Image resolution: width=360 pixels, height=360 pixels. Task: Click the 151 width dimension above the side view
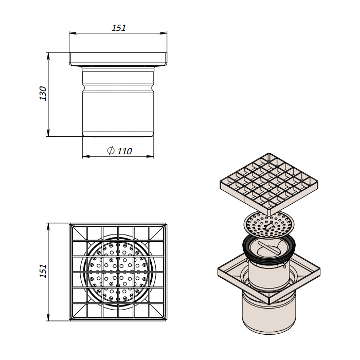point(119,28)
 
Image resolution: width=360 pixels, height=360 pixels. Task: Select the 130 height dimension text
point(43,94)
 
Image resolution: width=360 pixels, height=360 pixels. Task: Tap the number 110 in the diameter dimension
point(124,151)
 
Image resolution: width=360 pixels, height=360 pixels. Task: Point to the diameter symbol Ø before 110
point(111,151)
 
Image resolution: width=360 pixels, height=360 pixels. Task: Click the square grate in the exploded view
point(269,182)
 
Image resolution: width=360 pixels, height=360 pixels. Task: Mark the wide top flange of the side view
point(118,59)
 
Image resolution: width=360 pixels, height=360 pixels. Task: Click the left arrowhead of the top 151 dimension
point(71,34)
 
